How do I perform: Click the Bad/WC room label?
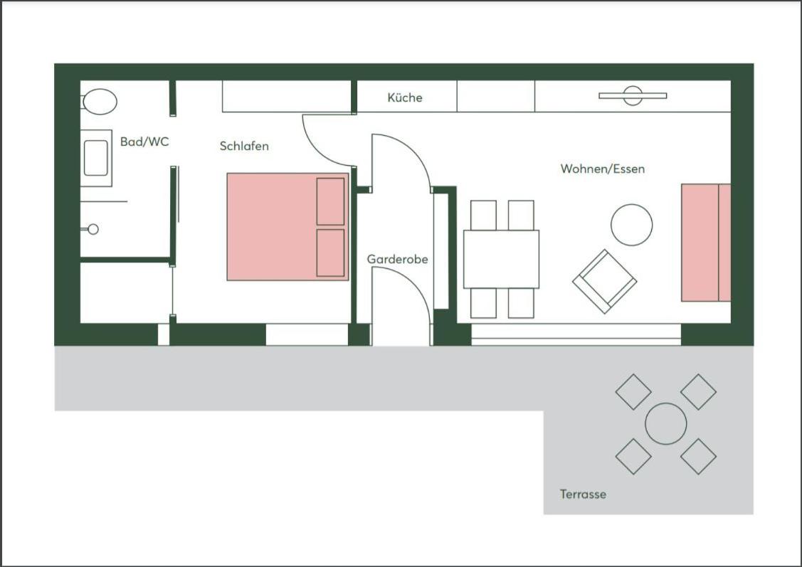tap(144, 142)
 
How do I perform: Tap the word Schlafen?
tap(244, 146)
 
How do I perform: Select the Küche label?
tap(405, 97)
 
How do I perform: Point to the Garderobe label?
tap(397, 259)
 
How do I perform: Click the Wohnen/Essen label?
tap(603, 169)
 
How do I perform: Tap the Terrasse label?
tap(583, 494)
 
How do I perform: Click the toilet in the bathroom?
tap(99, 102)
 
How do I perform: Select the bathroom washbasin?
tap(96, 158)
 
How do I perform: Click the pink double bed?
tap(287, 226)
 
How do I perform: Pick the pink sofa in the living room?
tap(706, 243)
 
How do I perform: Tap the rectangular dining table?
tap(501, 259)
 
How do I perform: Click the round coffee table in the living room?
tap(632, 225)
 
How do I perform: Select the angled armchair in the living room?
tap(605, 281)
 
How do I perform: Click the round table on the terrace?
tap(665, 424)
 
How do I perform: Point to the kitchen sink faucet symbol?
tap(633, 95)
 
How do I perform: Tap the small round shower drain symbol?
tap(93, 229)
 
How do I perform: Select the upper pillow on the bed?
tap(330, 201)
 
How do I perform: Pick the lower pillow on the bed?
tap(330, 253)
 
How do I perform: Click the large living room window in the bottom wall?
tap(576, 334)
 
